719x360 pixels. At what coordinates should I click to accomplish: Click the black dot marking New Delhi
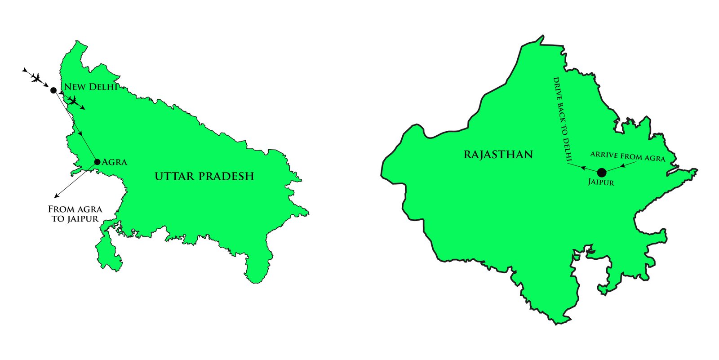[53, 90]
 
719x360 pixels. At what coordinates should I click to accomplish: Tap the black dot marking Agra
[97, 162]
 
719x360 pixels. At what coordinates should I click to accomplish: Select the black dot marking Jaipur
[601, 172]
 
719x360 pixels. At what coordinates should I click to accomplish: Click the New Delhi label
[90, 87]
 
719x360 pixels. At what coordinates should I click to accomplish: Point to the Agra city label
[115, 162]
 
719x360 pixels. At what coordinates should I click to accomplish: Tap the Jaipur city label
[601, 182]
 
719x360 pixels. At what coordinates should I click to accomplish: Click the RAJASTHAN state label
[498, 155]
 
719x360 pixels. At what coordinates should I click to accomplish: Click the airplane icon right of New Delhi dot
[73, 101]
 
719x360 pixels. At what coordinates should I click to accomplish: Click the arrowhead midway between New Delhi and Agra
[80, 133]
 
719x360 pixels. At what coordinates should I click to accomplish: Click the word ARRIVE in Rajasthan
[604, 155]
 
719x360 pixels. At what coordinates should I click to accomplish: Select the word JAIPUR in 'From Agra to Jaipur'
[82, 219]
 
